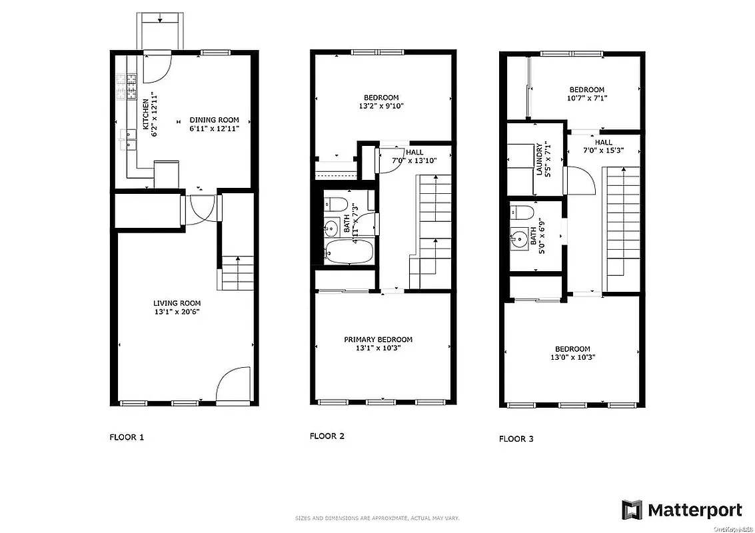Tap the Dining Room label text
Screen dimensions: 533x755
click(x=215, y=120)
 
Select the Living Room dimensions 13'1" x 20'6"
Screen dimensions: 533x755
click(x=177, y=311)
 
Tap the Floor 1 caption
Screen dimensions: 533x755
click(x=127, y=438)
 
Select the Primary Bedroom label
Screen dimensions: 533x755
click(x=378, y=339)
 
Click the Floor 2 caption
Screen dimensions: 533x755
click(x=327, y=436)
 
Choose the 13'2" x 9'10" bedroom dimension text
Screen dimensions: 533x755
click(x=381, y=105)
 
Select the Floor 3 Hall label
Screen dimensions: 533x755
click(x=604, y=143)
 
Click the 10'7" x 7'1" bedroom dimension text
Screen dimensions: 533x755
click(x=587, y=98)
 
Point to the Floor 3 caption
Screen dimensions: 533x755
click(x=516, y=438)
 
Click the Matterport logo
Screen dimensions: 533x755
click(x=682, y=510)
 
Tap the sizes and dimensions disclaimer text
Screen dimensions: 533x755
click(x=377, y=518)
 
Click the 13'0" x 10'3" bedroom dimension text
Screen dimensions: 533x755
click(x=572, y=357)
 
